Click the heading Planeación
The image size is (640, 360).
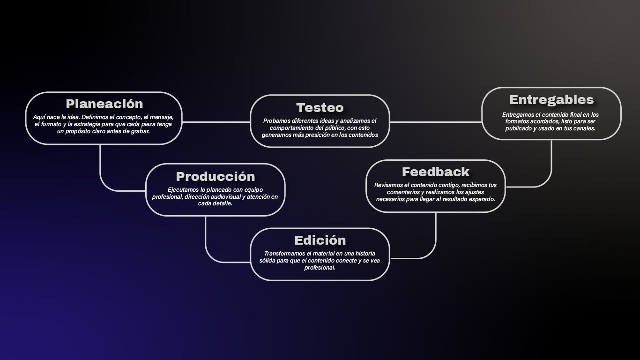(104, 104)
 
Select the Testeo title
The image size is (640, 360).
(320, 107)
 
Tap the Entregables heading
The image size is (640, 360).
(551, 100)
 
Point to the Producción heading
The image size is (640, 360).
(216, 177)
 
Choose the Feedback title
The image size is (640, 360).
(435, 172)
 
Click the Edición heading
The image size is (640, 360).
(320, 240)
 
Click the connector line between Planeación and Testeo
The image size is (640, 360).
(216, 122)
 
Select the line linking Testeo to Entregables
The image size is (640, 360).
(436, 122)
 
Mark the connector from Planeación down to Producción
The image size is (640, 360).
(100, 169)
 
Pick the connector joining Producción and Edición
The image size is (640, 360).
(206, 239)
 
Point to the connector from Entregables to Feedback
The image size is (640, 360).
(551, 164)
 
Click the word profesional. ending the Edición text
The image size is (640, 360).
(320, 268)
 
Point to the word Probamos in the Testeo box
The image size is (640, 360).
(276, 121)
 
